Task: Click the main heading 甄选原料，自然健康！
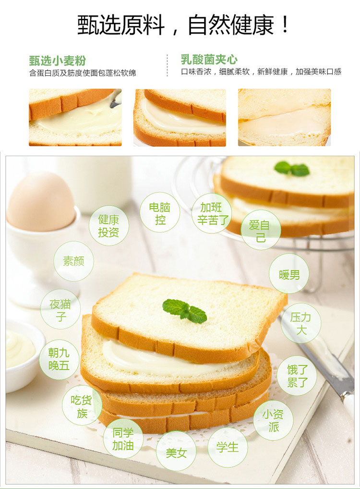point(183,25)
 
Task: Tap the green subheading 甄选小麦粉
point(57,61)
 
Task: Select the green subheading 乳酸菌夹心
point(209,59)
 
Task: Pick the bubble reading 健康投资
point(108,225)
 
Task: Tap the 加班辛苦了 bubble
point(212,213)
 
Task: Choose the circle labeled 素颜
point(73,261)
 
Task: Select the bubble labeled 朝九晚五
point(59,359)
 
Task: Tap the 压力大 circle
point(301,323)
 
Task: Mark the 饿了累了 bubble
point(297,376)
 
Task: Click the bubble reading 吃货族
point(82,405)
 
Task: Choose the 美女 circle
point(176,451)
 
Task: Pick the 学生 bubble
point(228,448)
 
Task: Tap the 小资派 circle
point(273,420)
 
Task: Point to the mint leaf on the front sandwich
point(185,310)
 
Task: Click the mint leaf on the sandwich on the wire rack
point(292,169)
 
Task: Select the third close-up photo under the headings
point(284,117)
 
